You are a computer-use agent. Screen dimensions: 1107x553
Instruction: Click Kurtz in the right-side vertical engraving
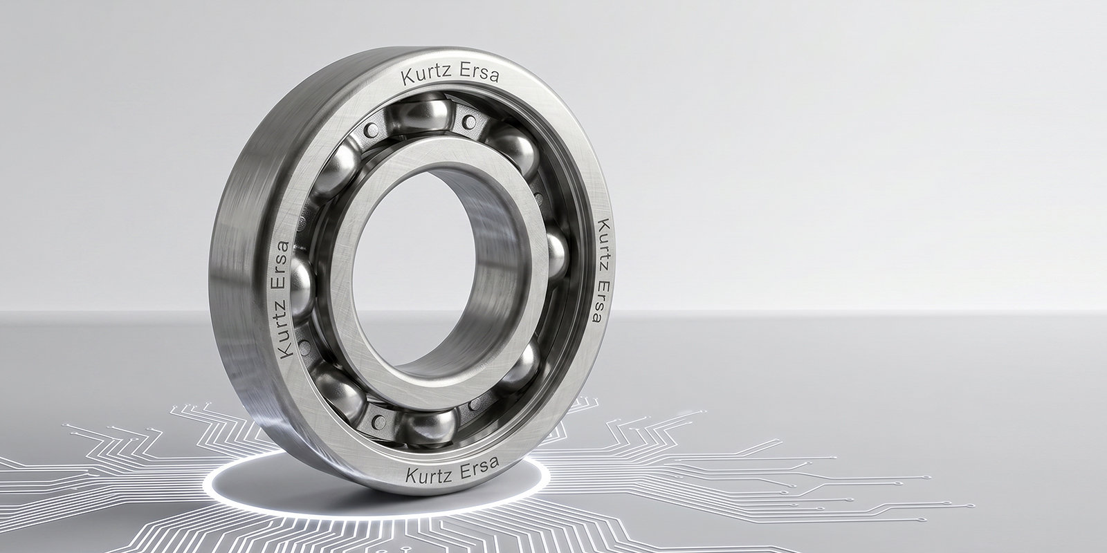click(x=603, y=244)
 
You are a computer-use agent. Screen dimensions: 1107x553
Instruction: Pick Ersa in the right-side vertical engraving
click(x=601, y=301)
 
